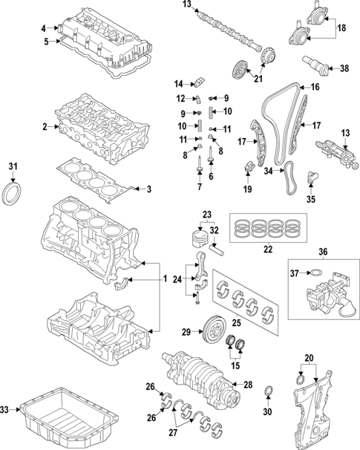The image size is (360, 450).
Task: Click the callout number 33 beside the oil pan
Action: pyautogui.click(x=4, y=409)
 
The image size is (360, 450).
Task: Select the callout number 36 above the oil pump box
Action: pyautogui.click(x=321, y=251)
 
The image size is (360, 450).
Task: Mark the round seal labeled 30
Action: pyautogui.click(x=269, y=391)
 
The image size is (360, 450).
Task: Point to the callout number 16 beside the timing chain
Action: pyautogui.click(x=314, y=87)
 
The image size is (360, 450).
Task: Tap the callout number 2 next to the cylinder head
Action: pyautogui.click(x=45, y=127)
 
